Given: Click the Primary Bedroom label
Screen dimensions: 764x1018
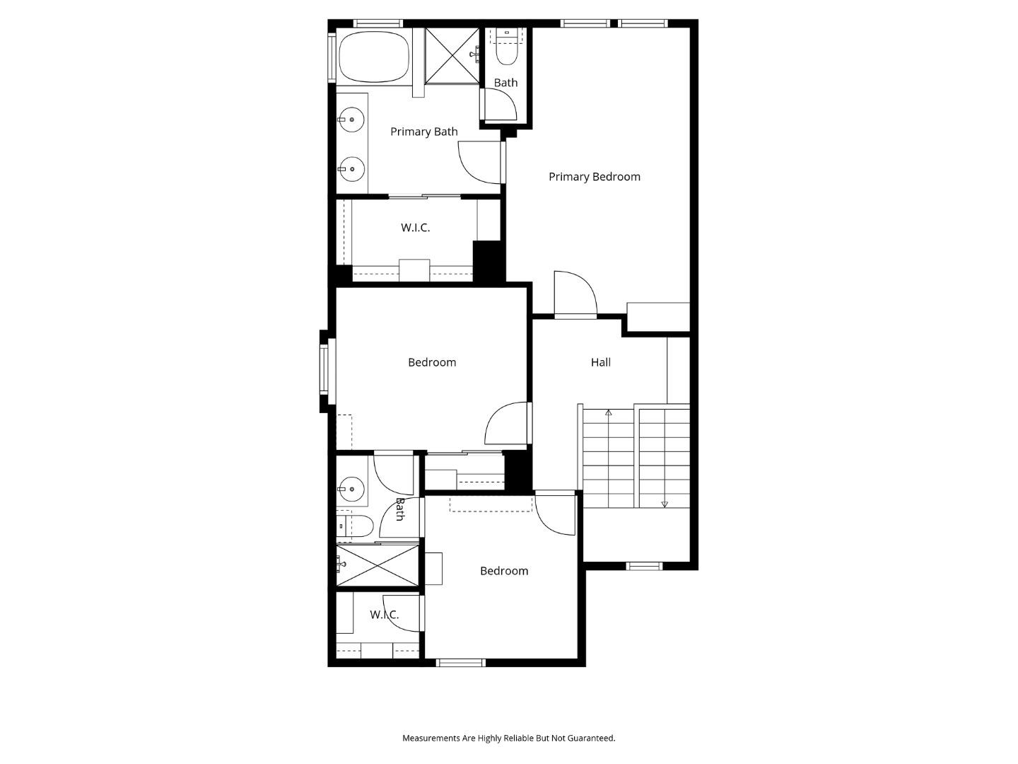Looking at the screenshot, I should [x=594, y=177].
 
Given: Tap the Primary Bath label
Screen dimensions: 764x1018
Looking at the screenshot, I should [x=423, y=132].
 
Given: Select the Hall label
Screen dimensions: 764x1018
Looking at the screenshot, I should [x=600, y=362].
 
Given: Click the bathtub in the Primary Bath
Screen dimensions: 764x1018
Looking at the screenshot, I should [x=374, y=57].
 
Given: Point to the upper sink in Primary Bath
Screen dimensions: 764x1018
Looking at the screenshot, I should [x=351, y=120].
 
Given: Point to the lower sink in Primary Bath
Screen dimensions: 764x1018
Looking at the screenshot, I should [x=351, y=169].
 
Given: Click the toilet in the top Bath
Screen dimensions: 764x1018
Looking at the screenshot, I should [x=507, y=50].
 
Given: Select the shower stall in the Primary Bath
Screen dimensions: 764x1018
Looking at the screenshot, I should [x=453, y=55].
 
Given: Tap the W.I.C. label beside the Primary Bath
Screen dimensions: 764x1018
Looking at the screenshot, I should [x=415, y=228].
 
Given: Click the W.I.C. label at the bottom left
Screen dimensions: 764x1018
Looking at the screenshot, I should [x=384, y=615].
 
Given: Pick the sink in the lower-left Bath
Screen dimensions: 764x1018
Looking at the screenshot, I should [x=351, y=488].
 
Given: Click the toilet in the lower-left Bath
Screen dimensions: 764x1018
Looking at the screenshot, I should [x=357, y=526].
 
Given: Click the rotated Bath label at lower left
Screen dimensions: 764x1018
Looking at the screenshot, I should [x=399, y=509].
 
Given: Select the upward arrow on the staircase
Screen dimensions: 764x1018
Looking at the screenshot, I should [x=609, y=412].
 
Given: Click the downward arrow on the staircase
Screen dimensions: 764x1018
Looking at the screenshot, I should [x=665, y=504].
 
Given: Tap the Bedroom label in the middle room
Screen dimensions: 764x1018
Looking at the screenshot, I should [x=431, y=362].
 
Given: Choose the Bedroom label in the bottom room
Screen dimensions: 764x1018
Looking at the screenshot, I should [x=503, y=571].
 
